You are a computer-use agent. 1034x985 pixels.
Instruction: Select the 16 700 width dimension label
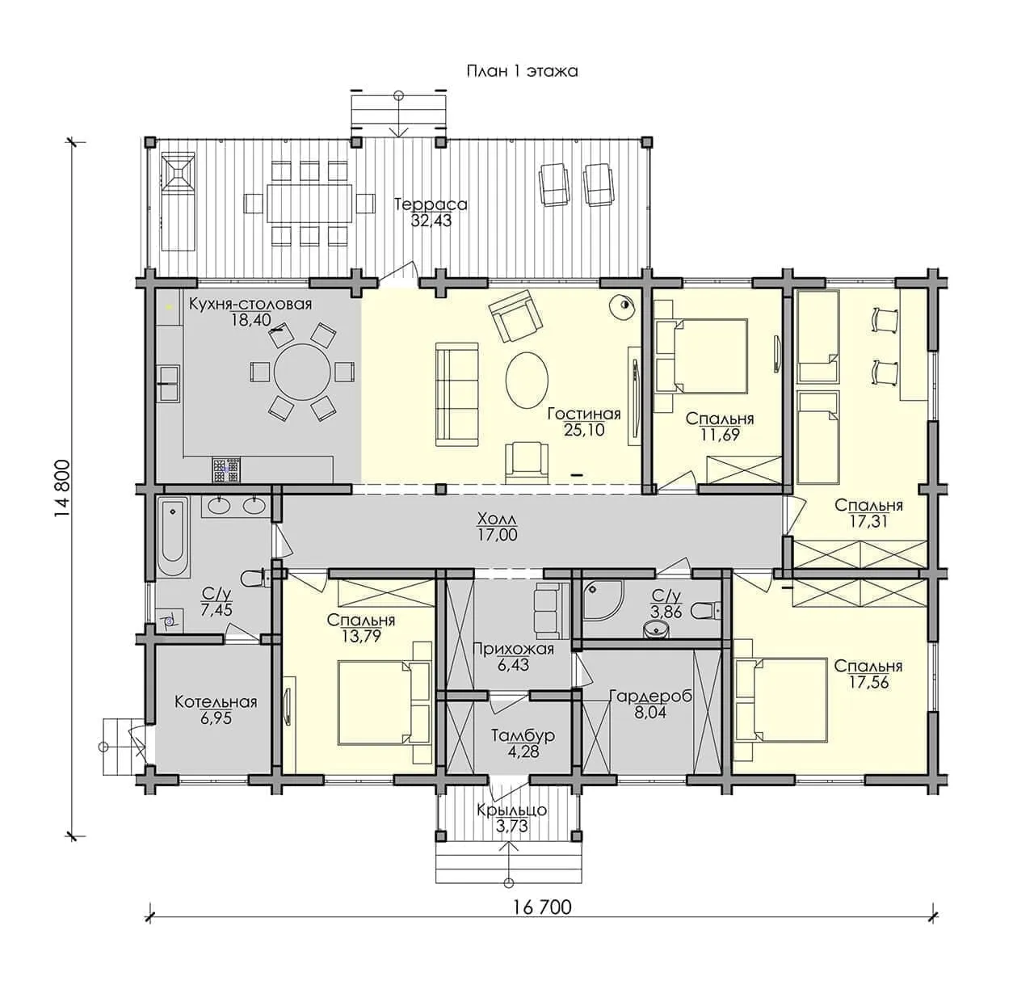[542, 907]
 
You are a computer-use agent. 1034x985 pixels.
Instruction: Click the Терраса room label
[431, 204]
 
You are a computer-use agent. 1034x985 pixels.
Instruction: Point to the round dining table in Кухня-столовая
[303, 372]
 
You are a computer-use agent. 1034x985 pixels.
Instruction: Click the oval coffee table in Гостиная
[527, 379]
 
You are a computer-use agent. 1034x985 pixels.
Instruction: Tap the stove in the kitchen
[226, 469]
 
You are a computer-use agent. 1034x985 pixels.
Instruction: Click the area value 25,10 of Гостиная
[584, 430]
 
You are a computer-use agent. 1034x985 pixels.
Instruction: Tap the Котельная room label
[216, 702]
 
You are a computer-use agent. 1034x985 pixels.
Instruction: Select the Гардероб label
[650, 697]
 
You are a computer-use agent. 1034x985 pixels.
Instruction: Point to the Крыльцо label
[511, 810]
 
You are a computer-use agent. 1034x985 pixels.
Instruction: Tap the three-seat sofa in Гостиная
[457, 394]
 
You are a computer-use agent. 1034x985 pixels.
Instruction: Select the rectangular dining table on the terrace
[309, 204]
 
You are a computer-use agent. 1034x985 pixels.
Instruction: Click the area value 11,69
[720, 435]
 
